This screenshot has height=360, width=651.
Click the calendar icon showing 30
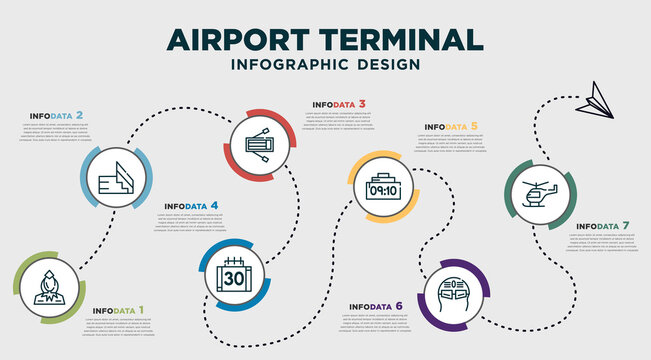click(x=234, y=273)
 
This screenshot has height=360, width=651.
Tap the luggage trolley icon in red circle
click(x=263, y=143)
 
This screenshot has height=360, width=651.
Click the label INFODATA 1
click(x=118, y=310)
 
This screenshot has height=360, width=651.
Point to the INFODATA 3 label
click(x=339, y=104)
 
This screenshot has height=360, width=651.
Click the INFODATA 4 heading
click(x=192, y=206)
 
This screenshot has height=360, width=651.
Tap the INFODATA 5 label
click(x=451, y=127)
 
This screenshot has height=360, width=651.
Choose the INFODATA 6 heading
click(x=376, y=306)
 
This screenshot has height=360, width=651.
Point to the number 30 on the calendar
click(x=234, y=277)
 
